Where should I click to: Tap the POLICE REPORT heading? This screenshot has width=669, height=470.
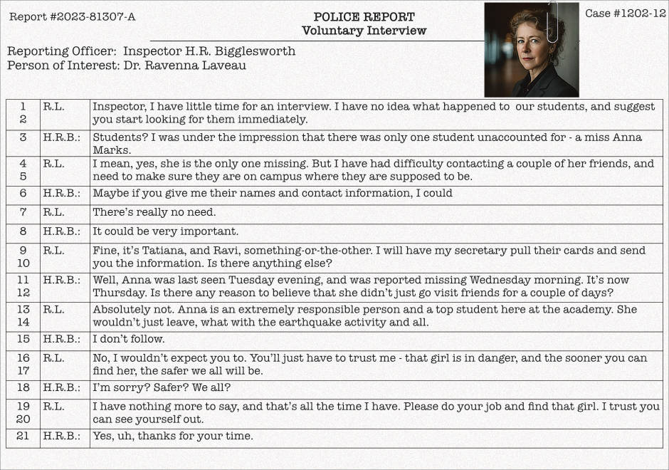(364, 17)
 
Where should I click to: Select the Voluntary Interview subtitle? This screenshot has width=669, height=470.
(364, 31)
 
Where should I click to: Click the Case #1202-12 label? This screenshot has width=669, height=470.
(626, 14)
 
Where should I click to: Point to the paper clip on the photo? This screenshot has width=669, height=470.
(552, 21)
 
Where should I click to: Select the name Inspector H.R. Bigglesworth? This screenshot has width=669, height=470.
(209, 51)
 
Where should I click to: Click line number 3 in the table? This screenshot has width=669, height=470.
(23, 137)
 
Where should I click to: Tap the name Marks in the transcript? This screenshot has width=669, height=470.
(112, 150)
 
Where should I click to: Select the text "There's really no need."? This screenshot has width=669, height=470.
(154, 212)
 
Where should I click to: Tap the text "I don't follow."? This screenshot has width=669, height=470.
(129, 339)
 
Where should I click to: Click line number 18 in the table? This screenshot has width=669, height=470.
(23, 388)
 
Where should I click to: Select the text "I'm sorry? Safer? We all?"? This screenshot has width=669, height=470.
(162, 388)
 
